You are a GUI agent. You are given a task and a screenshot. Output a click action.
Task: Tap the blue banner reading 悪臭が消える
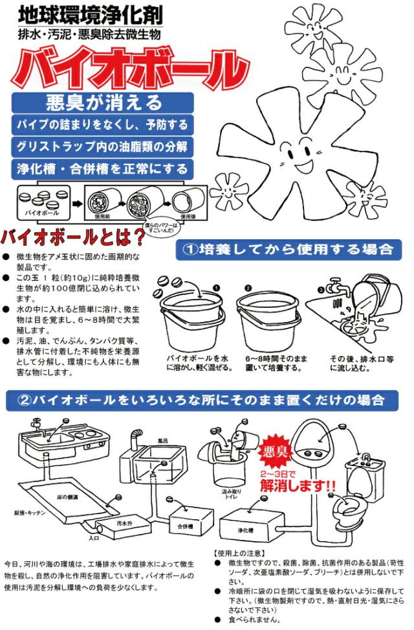click(x=103, y=102)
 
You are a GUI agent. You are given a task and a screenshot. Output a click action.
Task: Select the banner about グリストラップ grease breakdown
click(x=103, y=146)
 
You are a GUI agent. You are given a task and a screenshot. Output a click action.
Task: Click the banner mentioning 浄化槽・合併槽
click(x=103, y=169)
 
